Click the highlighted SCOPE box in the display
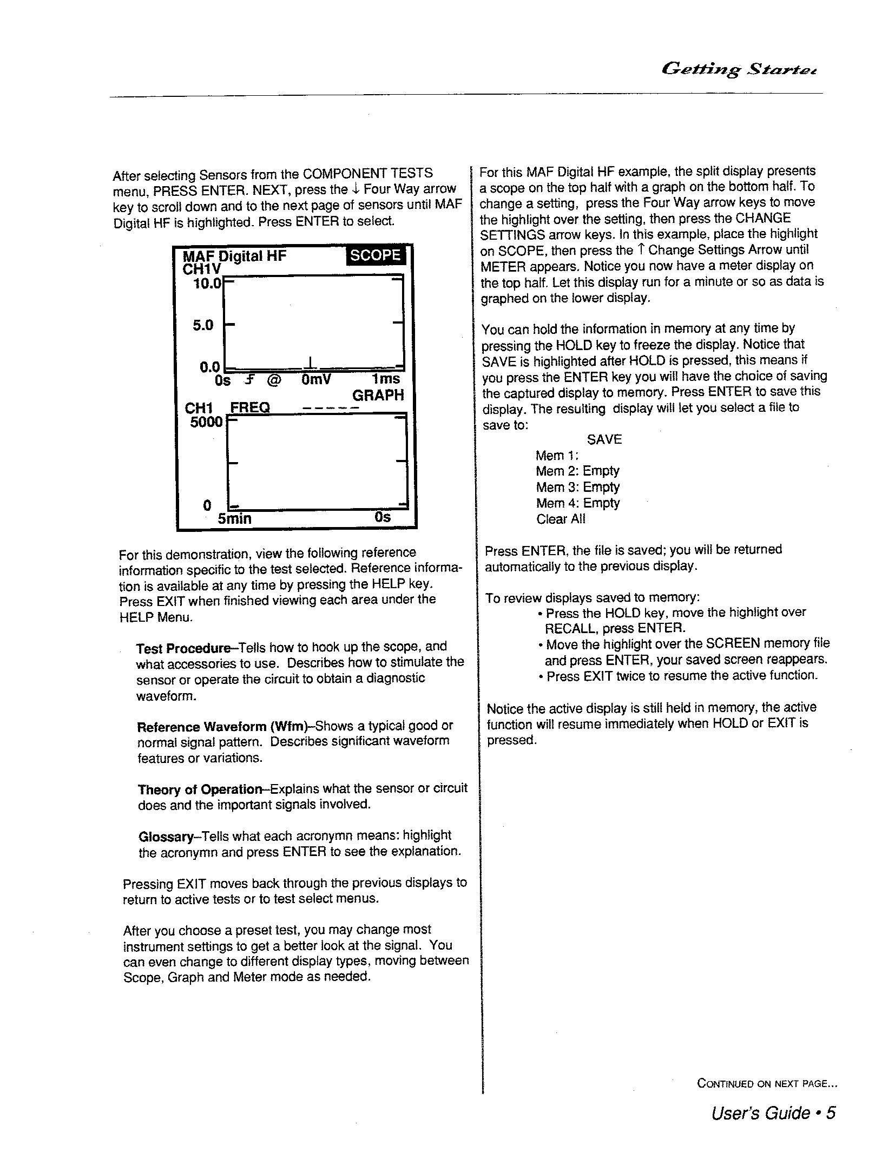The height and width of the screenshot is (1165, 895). (x=375, y=255)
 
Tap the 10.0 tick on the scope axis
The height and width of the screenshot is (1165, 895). (x=207, y=283)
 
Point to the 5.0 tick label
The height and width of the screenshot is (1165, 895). (x=203, y=325)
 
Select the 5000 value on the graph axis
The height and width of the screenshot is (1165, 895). (x=206, y=422)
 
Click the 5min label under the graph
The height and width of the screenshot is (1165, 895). (x=234, y=519)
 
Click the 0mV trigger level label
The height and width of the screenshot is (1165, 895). (x=316, y=380)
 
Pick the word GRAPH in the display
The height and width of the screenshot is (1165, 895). (x=378, y=396)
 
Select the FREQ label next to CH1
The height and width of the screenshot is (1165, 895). (x=250, y=407)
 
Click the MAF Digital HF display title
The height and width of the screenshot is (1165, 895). (x=234, y=256)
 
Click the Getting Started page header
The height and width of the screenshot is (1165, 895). (x=738, y=69)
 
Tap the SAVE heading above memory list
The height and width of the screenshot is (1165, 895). (x=604, y=439)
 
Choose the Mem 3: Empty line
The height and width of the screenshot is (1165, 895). (x=577, y=487)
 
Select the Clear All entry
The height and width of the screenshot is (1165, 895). (x=561, y=519)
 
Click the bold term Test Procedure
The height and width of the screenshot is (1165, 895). (x=183, y=648)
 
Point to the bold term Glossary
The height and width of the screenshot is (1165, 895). (x=166, y=837)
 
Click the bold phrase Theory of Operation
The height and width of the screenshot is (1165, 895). (x=200, y=789)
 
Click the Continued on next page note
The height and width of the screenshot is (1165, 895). (x=767, y=1083)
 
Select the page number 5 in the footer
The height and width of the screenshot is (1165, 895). (x=831, y=1113)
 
